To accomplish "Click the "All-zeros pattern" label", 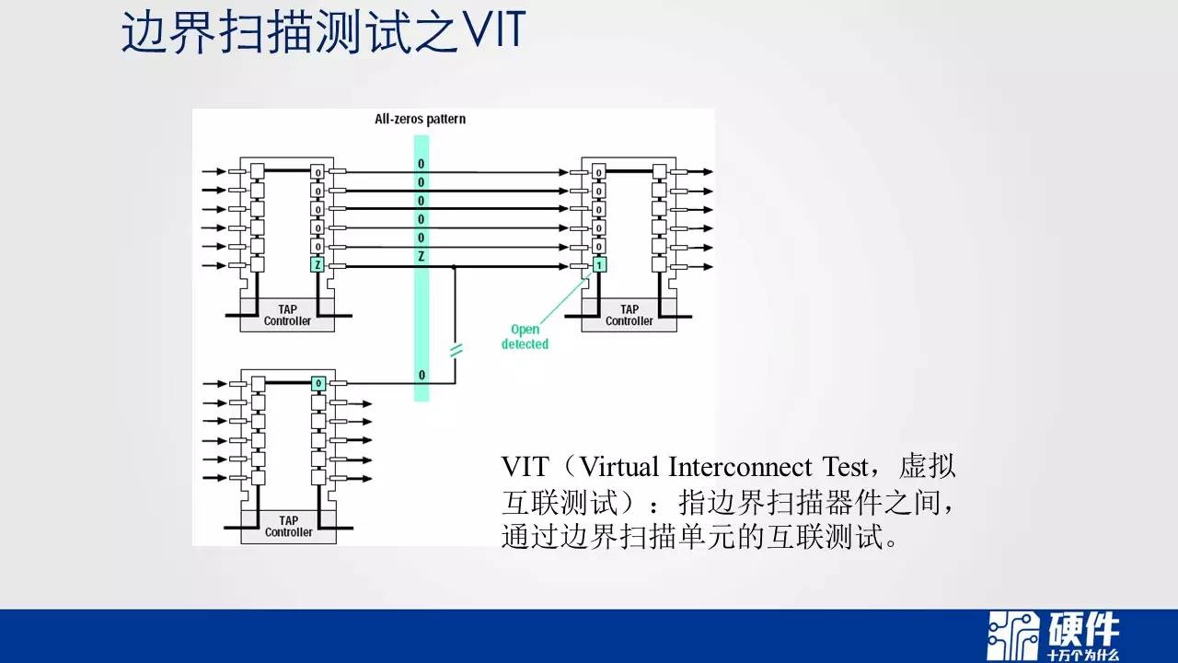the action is [x=421, y=119].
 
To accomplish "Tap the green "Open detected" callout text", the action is [x=525, y=337].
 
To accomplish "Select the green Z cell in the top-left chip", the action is [x=318, y=265].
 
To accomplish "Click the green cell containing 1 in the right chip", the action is [x=599, y=265].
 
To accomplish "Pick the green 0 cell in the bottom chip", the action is [x=318, y=384].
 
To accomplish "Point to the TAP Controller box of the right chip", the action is [x=629, y=315].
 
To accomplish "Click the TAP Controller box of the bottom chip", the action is [x=289, y=527].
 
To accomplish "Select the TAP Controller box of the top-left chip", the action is [x=287, y=315].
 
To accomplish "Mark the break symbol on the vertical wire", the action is [x=456, y=350].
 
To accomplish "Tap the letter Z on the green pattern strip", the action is [x=422, y=257].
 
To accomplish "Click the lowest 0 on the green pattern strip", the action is [x=422, y=375].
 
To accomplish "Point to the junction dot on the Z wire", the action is [x=455, y=267].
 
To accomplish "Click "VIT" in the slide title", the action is [x=495, y=30].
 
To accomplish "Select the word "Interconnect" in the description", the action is [x=740, y=467].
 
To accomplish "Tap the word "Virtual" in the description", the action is [x=619, y=467].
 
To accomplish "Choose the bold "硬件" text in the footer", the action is [x=1083, y=630].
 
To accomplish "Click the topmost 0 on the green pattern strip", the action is [x=421, y=164].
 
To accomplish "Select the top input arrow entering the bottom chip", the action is [x=214, y=384].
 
